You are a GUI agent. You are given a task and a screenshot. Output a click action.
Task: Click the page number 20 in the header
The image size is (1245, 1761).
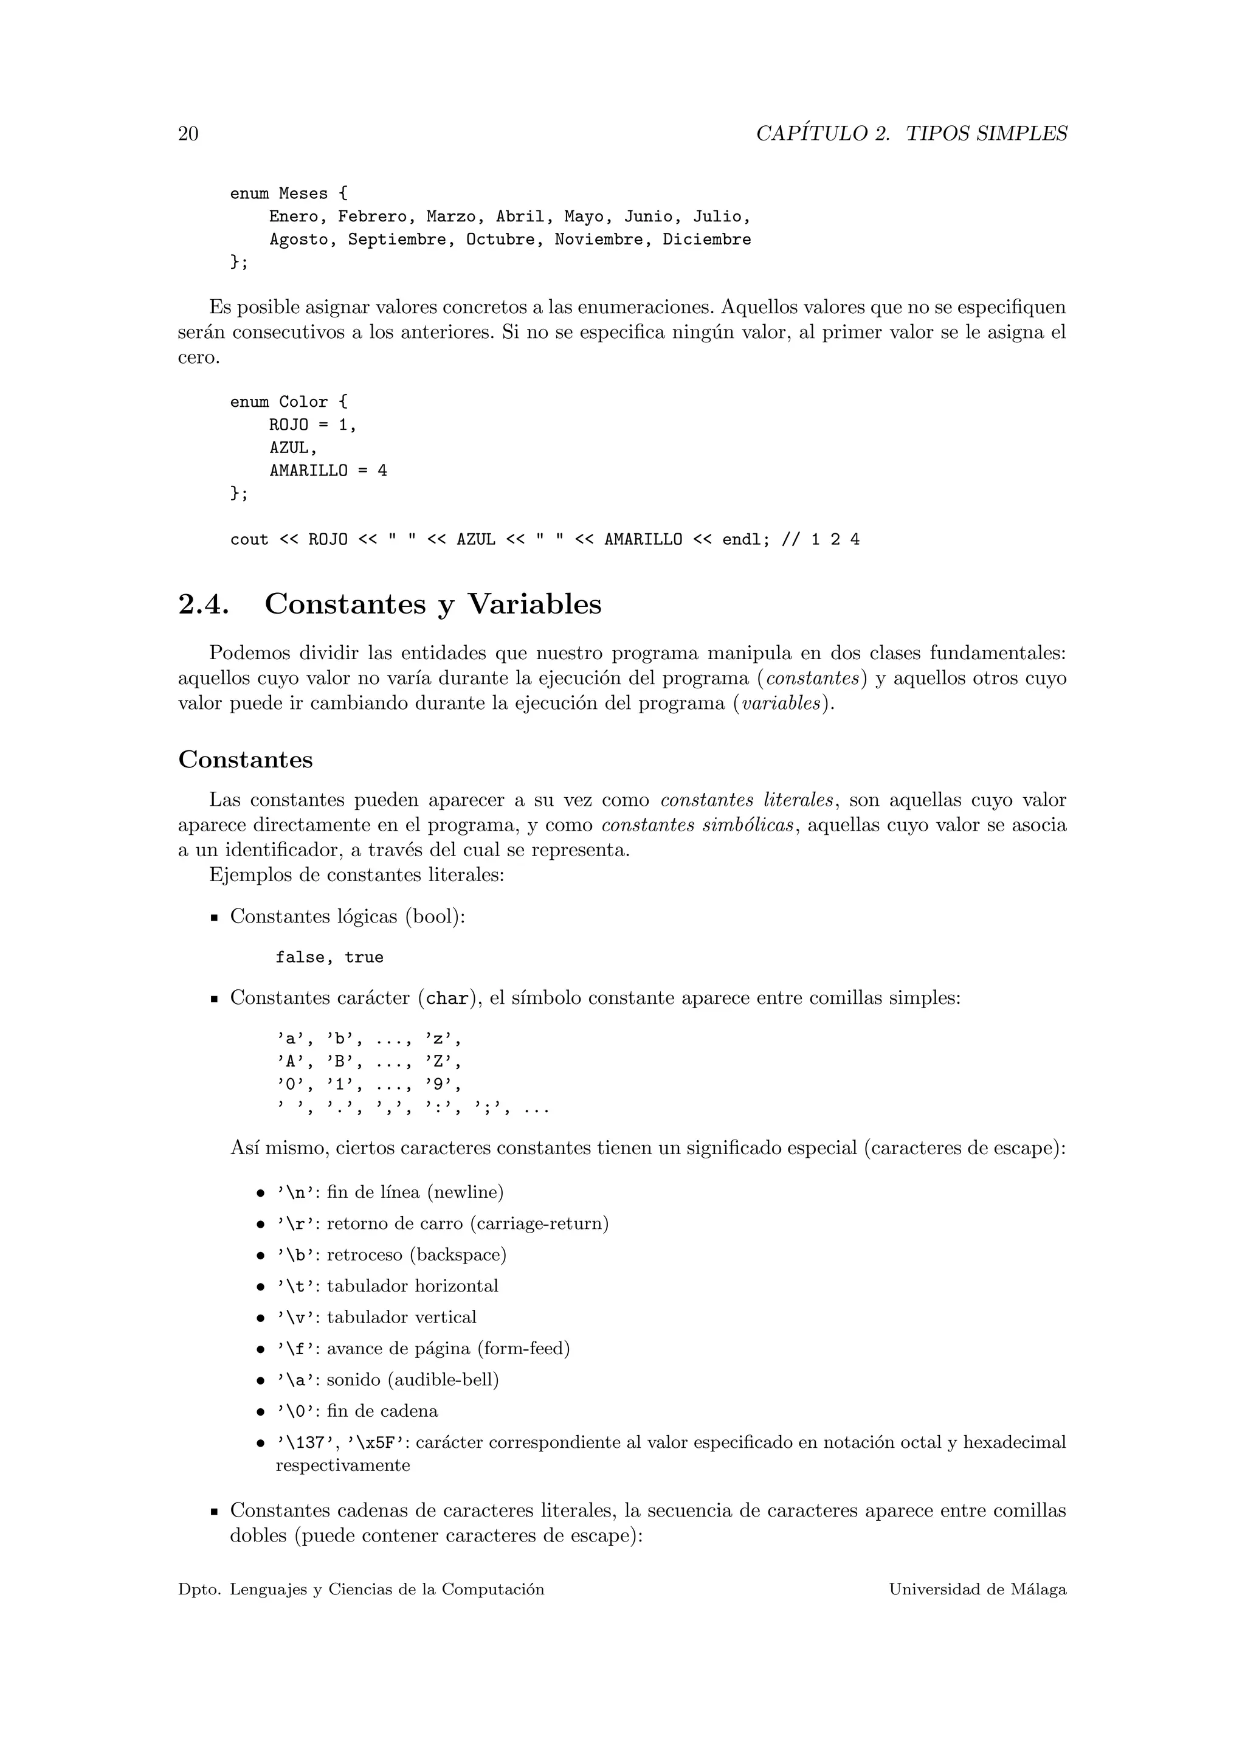[x=188, y=134]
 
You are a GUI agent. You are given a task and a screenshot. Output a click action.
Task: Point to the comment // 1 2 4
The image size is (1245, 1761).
[x=820, y=540]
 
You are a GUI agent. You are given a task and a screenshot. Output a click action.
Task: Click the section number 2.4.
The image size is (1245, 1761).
[x=203, y=605]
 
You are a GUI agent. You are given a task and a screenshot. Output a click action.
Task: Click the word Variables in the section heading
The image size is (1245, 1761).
[x=534, y=605]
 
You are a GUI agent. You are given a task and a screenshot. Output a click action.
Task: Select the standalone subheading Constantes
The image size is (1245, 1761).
[x=246, y=760]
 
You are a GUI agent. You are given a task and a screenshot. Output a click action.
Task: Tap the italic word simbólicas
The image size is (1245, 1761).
[x=748, y=826]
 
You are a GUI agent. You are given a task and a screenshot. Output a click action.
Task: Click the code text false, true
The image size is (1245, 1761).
[x=329, y=958]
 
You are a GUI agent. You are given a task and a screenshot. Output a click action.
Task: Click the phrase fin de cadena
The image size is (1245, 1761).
[x=382, y=1412]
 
